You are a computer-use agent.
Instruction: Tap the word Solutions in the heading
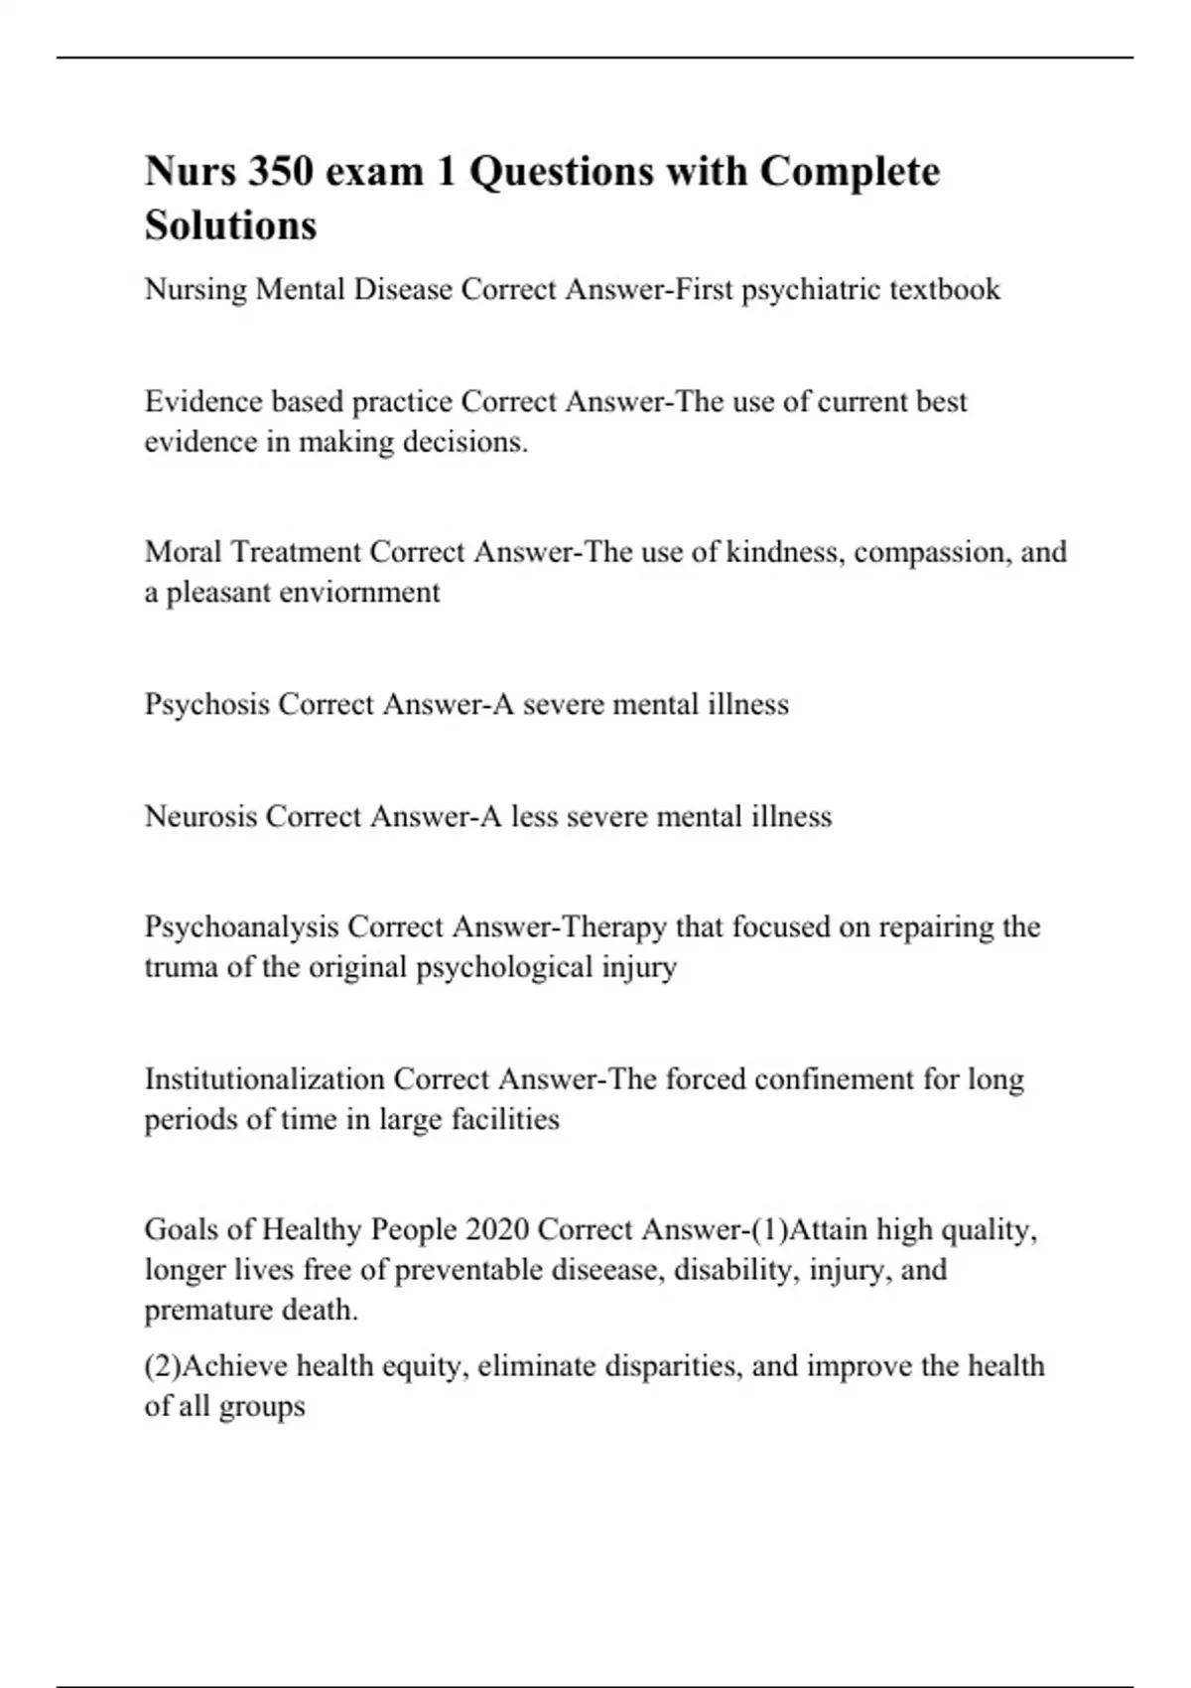point(230,225)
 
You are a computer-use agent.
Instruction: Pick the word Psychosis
point(206,705)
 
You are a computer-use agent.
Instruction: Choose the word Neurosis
point(201,817)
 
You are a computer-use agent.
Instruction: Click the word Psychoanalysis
point(241,927)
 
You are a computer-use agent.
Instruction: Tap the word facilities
point(505,1120)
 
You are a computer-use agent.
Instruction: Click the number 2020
point(496,1230)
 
